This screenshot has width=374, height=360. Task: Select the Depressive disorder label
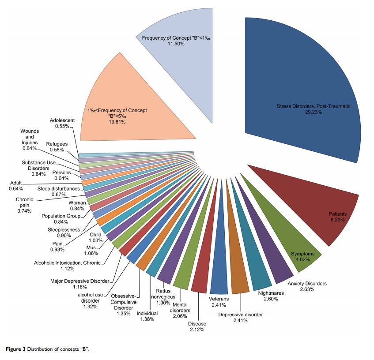pos(241,315)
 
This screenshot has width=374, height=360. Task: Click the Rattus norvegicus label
pos(166,293)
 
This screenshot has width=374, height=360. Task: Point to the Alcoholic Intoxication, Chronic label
pos(67,263)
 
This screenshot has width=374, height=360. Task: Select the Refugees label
pos(57,143)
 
